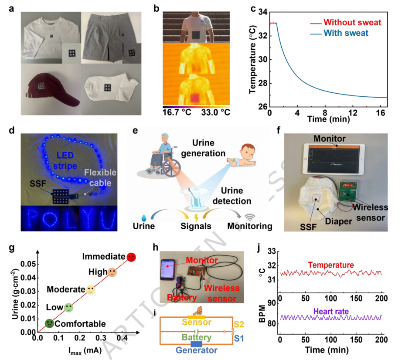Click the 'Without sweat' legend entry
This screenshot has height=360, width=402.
353,22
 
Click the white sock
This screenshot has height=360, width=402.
110,89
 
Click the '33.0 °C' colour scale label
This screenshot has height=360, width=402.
215,112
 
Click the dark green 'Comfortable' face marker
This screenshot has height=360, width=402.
49,323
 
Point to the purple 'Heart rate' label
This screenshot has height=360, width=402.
331,311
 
